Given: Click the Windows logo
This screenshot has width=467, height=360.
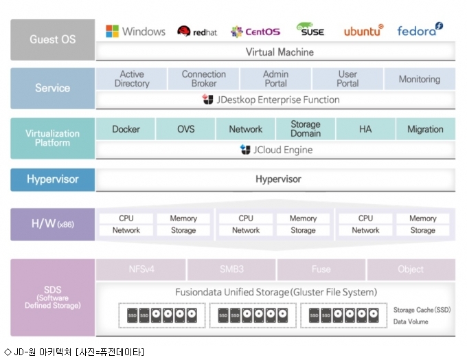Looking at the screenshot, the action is (112, 32).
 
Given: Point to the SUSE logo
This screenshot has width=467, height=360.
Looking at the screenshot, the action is (310, 30).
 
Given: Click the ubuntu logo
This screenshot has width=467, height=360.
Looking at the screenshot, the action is (364, 30).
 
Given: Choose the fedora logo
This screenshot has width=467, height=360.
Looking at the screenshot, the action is (420, 30).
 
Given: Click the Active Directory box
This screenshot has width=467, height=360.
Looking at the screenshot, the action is (131, 79).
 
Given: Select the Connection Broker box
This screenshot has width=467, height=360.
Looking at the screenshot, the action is (203, 79).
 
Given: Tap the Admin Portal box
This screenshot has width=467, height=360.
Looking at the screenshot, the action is (275, 79).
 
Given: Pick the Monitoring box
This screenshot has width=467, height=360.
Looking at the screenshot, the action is (420, 79).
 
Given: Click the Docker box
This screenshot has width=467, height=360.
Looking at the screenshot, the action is (126, 129).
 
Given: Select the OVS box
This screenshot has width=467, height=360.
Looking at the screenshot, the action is (185, 129).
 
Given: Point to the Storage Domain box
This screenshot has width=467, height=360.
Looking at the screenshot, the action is (306, 129).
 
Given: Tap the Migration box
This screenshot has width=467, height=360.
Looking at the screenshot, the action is (426, 129).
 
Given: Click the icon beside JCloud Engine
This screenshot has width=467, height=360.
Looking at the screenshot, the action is (245, 150).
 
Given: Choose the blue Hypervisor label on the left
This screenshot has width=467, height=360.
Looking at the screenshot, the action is (53, 179).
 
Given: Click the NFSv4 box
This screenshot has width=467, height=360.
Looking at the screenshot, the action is (141, 269).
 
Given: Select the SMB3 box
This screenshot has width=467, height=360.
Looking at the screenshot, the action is (231, 269).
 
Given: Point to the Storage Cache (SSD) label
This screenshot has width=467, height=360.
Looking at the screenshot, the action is (422, 310).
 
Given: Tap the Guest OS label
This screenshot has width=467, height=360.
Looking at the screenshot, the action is (53, 40).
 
